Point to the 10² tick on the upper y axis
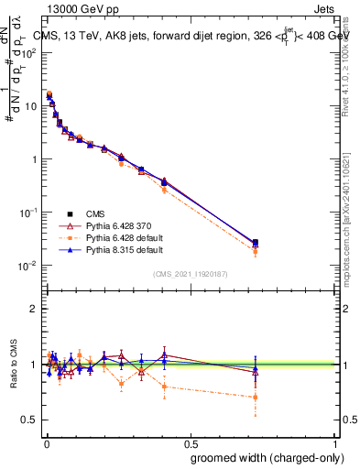click(x=29, y=52)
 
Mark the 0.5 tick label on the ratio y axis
click(x=31, y=420)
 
